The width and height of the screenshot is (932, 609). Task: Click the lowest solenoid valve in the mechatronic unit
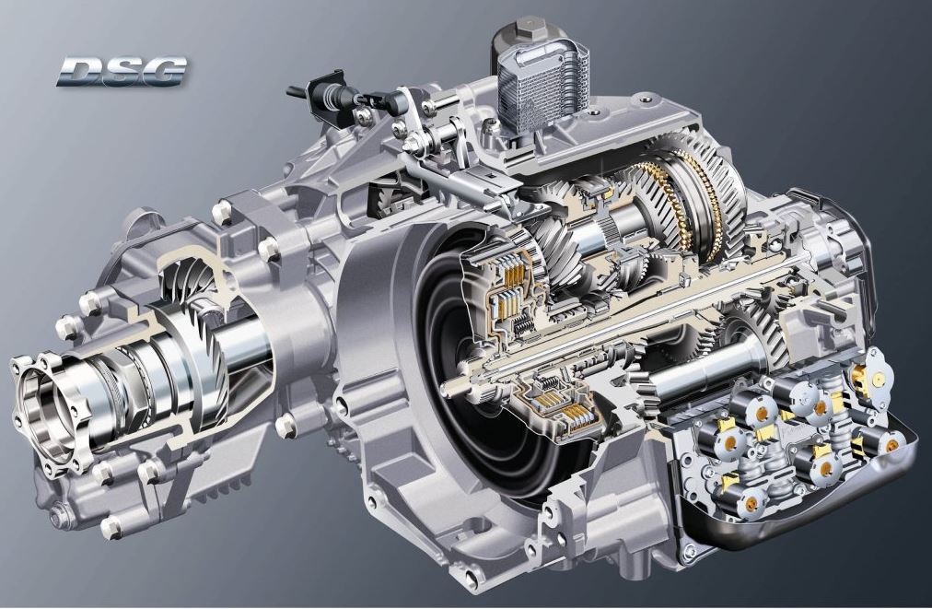[x=751, y=503]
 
